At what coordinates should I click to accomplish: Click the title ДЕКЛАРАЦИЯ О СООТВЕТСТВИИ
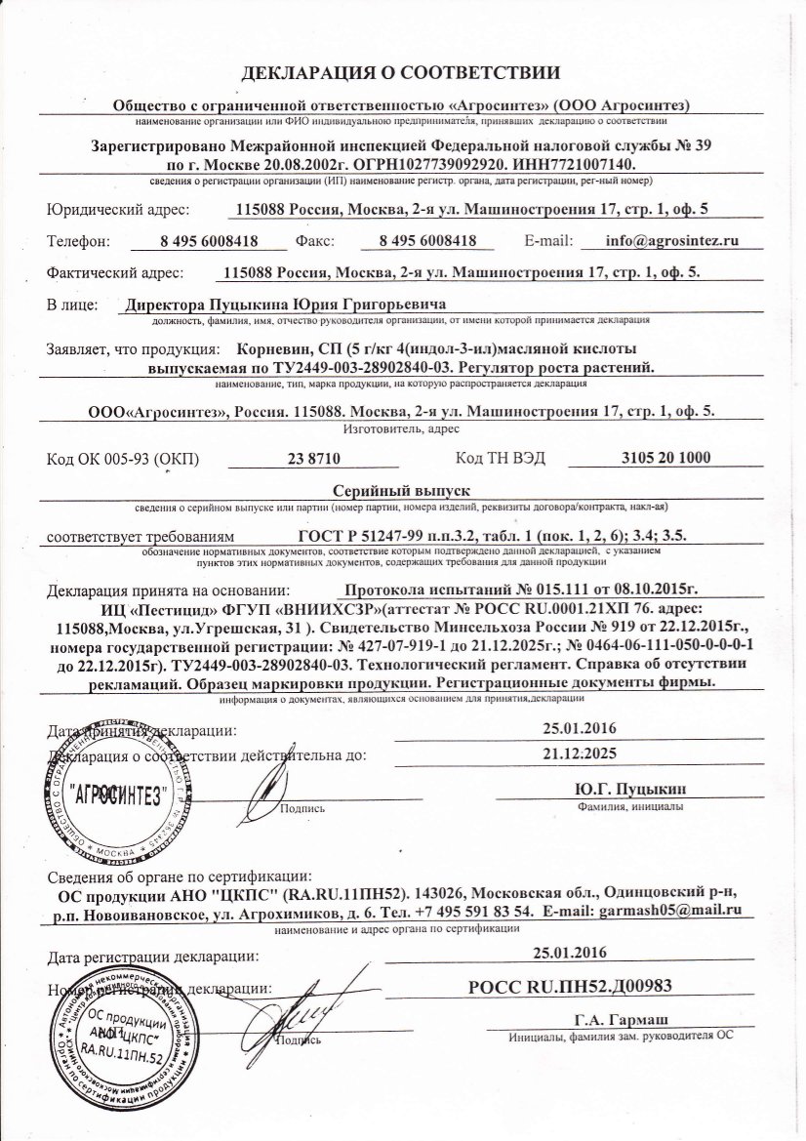400,73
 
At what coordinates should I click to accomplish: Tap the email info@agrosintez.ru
670,239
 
